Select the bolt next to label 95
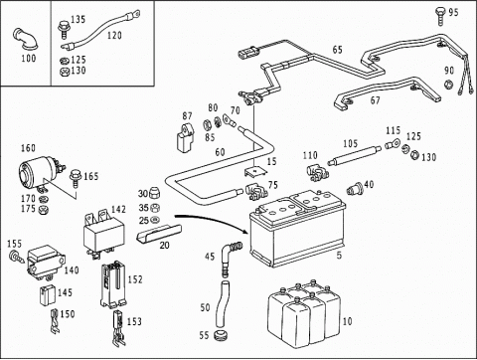[440, 16]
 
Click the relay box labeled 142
[103, 232]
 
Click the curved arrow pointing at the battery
[212, 221]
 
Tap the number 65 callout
[337, 50]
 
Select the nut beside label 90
[448, 85]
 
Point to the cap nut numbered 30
[153, 192]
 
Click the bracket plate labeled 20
[159, 233]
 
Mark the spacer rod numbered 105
[354, 155]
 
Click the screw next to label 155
[17, 257]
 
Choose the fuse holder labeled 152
[113, 284]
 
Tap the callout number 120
[114, 35]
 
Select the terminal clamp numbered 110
[316, 172]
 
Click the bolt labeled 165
[76, 179]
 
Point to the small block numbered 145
[48, 295]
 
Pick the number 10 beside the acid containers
[348, 321]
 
